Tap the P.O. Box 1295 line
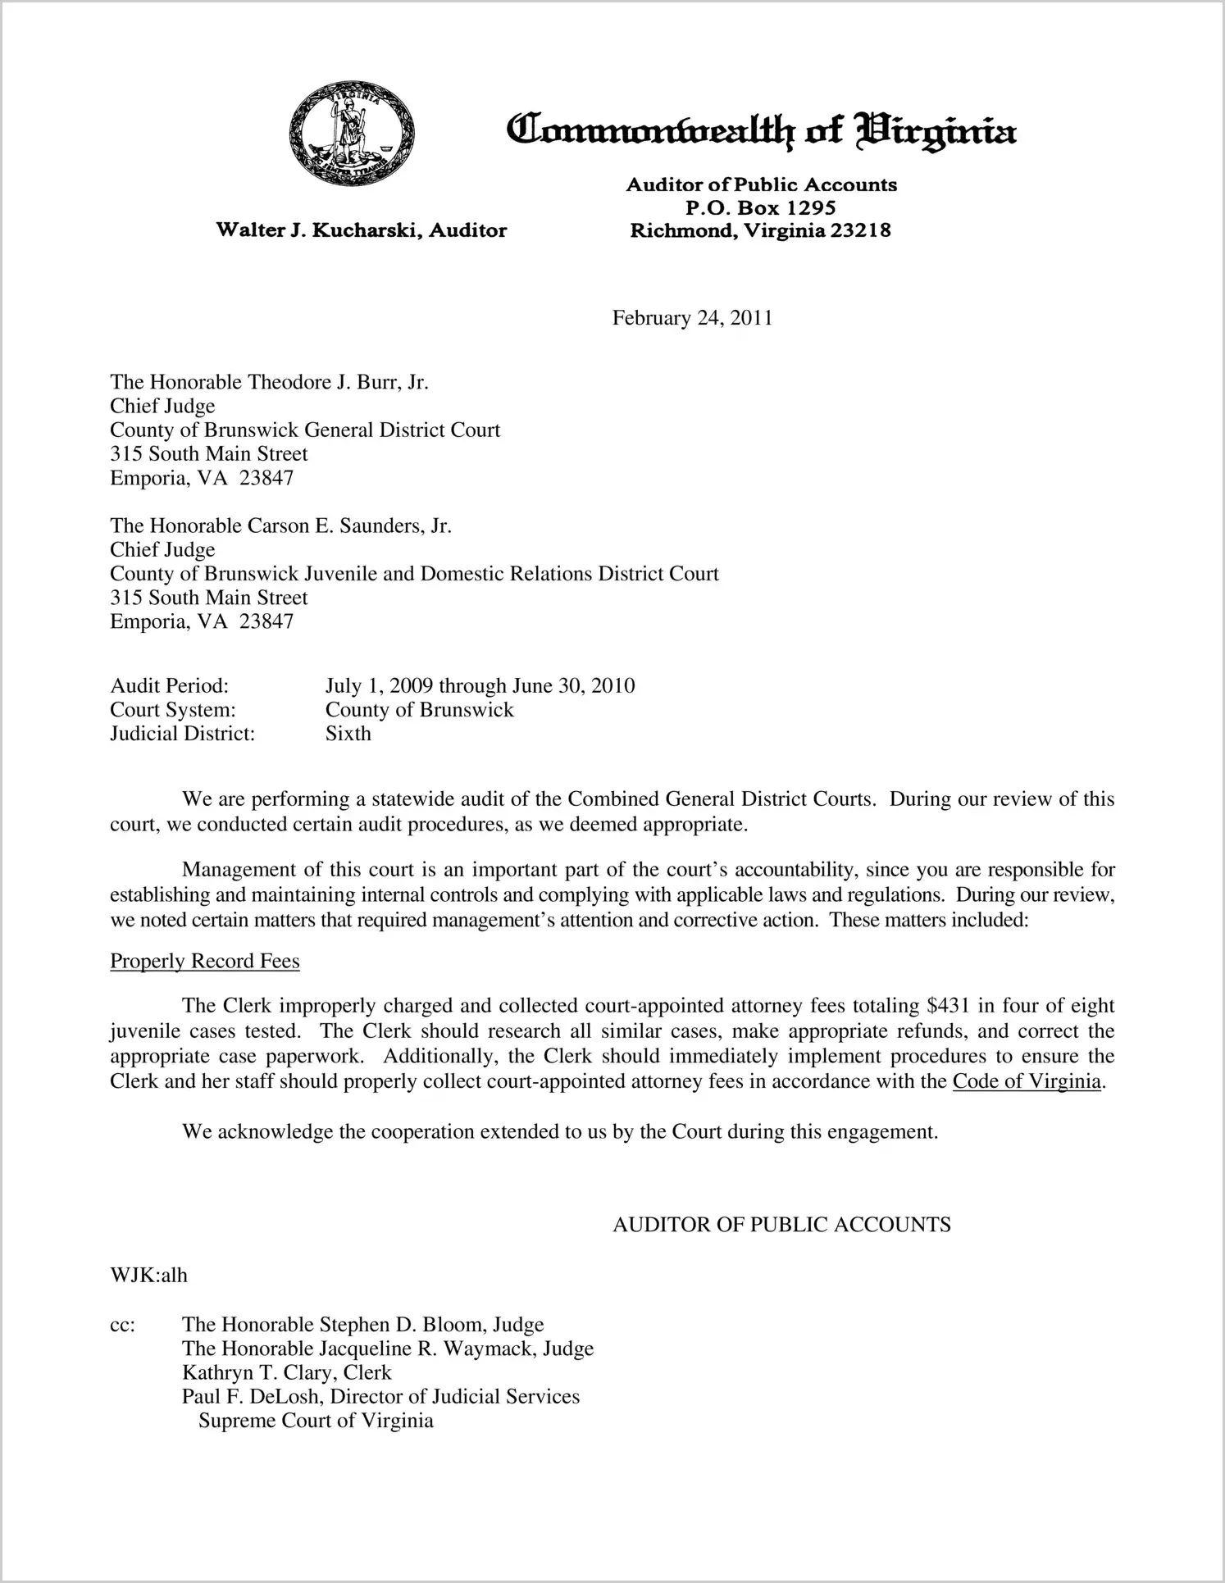click(x=760, y=207)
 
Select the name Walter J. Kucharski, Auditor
click(x=361, y=230)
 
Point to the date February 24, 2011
click(x=692, y=318)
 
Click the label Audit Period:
click(x=169, y=685)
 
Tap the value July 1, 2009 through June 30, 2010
click(x=480, y=685)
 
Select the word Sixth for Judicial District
click(x=348, y=733)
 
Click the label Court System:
click(x=173, y=709)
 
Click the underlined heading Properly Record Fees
click(x=205, y=961)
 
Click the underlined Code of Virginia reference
click(x=1026, y=1081)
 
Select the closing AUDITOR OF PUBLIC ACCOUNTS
click(x=781, y=1225)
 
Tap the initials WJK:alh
click(x=148, y=1275)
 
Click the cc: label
click(x=122, y=1325)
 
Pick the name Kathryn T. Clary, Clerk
click(x=286, y=1372)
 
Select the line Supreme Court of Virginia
click(x=316, y=1420)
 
